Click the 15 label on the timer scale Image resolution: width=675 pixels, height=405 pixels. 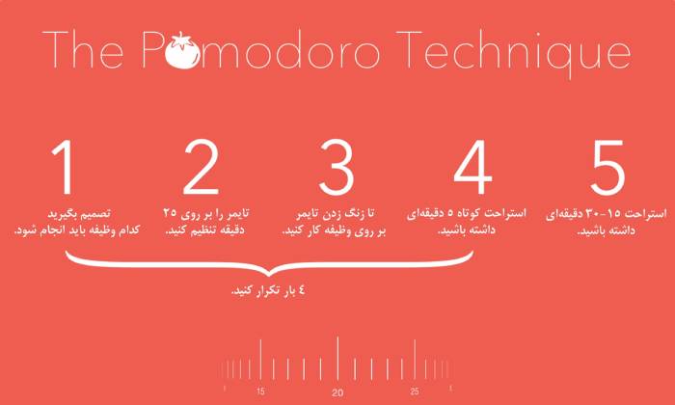[260, 391]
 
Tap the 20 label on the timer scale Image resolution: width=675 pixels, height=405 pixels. [337, 392]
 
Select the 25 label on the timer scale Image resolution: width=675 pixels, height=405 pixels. [415, 391]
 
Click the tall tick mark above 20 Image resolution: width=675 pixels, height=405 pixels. [337, 359]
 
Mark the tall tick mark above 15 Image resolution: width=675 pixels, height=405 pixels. [260, 362]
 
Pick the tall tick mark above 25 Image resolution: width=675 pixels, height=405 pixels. [415, 362]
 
